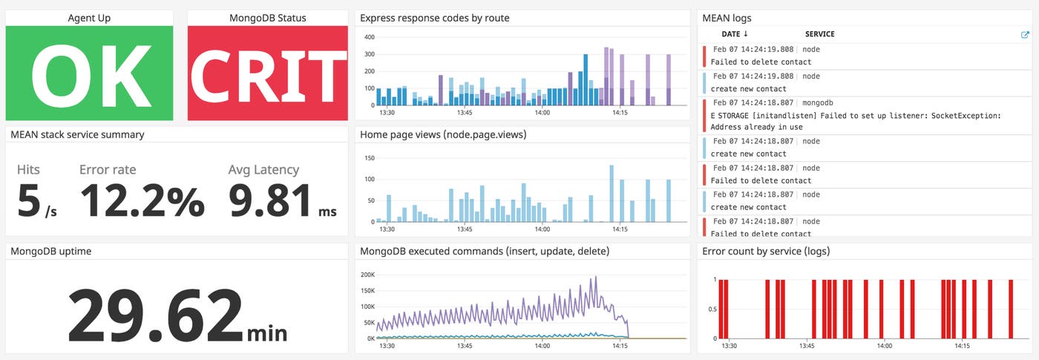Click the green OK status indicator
(89, 73)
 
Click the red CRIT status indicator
(267, 73)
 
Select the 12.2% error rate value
(141, 201)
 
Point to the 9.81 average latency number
(271, 201)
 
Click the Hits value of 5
(29, 201)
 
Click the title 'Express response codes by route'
(434, 18)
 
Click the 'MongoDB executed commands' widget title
(485, 252)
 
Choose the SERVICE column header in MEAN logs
(820, 34)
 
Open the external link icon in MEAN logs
(1025, 34)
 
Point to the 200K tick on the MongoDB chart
(368, 274)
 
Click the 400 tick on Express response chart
(369, 36)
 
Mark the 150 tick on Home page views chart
(369, 158)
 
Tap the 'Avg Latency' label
(263, 170)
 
